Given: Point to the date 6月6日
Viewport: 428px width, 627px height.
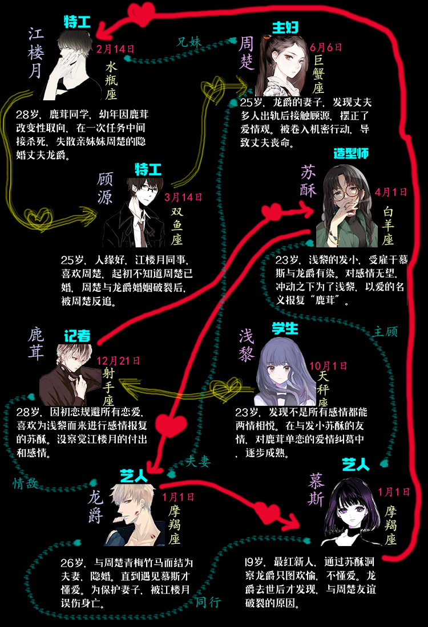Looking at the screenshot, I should point(325,50).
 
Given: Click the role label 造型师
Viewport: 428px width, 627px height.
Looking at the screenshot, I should point(351,154).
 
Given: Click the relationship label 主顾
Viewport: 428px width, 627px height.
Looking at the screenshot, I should point(386,331).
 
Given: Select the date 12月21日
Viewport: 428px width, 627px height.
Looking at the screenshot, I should point(118,361).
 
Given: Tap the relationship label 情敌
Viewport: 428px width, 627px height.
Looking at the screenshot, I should point(26,483).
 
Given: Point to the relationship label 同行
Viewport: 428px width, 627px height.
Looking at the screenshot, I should point(208,602).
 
